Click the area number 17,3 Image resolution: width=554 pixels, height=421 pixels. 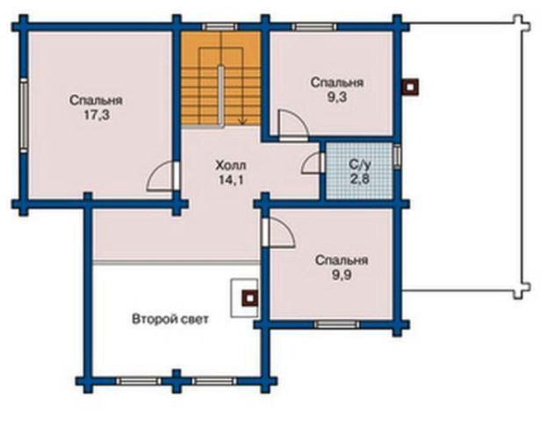point(97,115)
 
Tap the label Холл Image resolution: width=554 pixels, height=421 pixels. point(231,165)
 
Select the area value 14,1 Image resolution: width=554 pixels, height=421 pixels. point(231,180)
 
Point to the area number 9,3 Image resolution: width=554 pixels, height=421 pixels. point(337,97)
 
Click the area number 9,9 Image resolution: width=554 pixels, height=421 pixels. point(342,275)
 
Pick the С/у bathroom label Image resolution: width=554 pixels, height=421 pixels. point(360,164)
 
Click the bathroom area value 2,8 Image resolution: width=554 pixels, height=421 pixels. point(360,179)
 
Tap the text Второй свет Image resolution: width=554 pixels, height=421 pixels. point(170,319)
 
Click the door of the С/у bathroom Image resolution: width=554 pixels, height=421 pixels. point(313,163)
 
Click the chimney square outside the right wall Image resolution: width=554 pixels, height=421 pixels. point(410,87)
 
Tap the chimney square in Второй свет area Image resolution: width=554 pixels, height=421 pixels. point(250,298)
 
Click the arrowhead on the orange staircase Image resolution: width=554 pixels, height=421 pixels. point(242,122)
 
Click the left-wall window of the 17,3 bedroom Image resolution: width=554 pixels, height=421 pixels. point(24,115)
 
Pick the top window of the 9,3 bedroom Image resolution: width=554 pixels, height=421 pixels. point(314,27)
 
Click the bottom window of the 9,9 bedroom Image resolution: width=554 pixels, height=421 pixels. point(337,325)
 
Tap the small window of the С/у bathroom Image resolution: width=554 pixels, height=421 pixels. point(397,156)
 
